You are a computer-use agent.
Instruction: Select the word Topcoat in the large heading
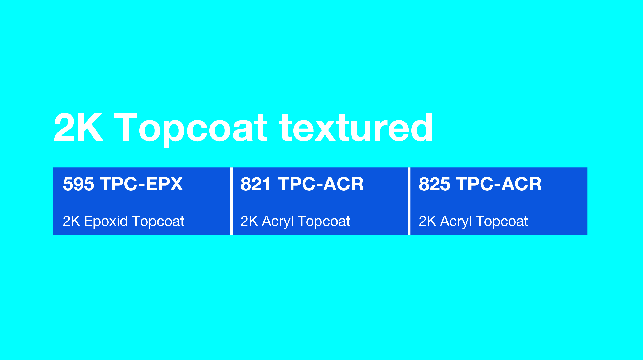(191, 129)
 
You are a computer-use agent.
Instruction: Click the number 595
(78, 184)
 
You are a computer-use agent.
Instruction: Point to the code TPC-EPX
(141, 184)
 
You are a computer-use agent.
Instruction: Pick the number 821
(256, 184)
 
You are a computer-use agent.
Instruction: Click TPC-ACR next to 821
(321, 184)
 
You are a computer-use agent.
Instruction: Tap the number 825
(434, 184)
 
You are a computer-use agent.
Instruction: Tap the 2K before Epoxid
(71, 221)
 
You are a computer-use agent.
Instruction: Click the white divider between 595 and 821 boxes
(231, 201)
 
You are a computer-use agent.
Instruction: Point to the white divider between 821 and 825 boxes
(409, 201)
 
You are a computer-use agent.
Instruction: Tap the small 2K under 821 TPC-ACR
(249, 221)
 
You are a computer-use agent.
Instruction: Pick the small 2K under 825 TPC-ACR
(427, 221)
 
